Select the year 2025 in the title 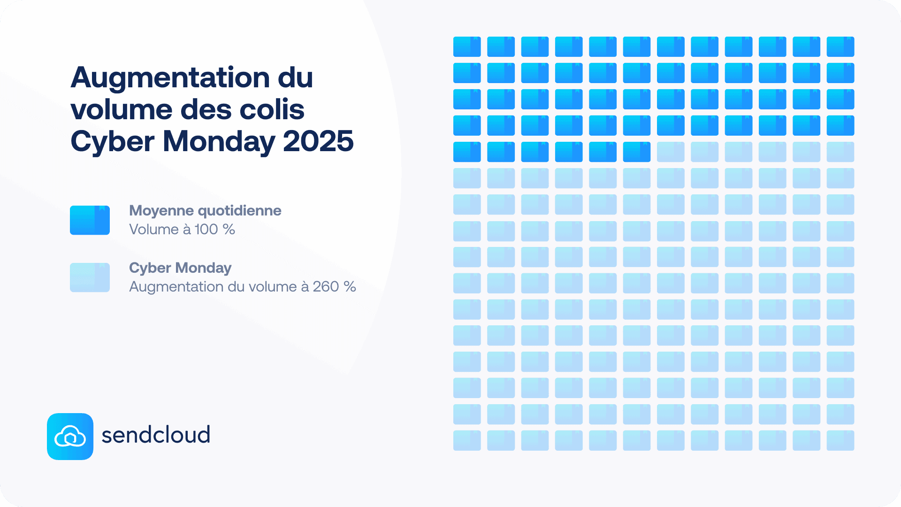coord(318,141)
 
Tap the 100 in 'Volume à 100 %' coord(206,230)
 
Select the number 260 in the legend coord(326,287)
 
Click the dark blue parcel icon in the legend coord(90,220)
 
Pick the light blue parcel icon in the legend coord(90,277)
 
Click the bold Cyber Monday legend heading coord(180,268)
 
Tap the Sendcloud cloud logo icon coord(70,437)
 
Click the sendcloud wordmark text coord(156,435)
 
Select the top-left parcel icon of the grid coord(467,46)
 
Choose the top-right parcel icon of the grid coord(840,46)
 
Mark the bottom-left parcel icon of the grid coord(467,440)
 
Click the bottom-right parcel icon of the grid coord(840,440)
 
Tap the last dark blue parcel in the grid coord(637,152)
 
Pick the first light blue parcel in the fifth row coord(671,152)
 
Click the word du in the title coord(295,78)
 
